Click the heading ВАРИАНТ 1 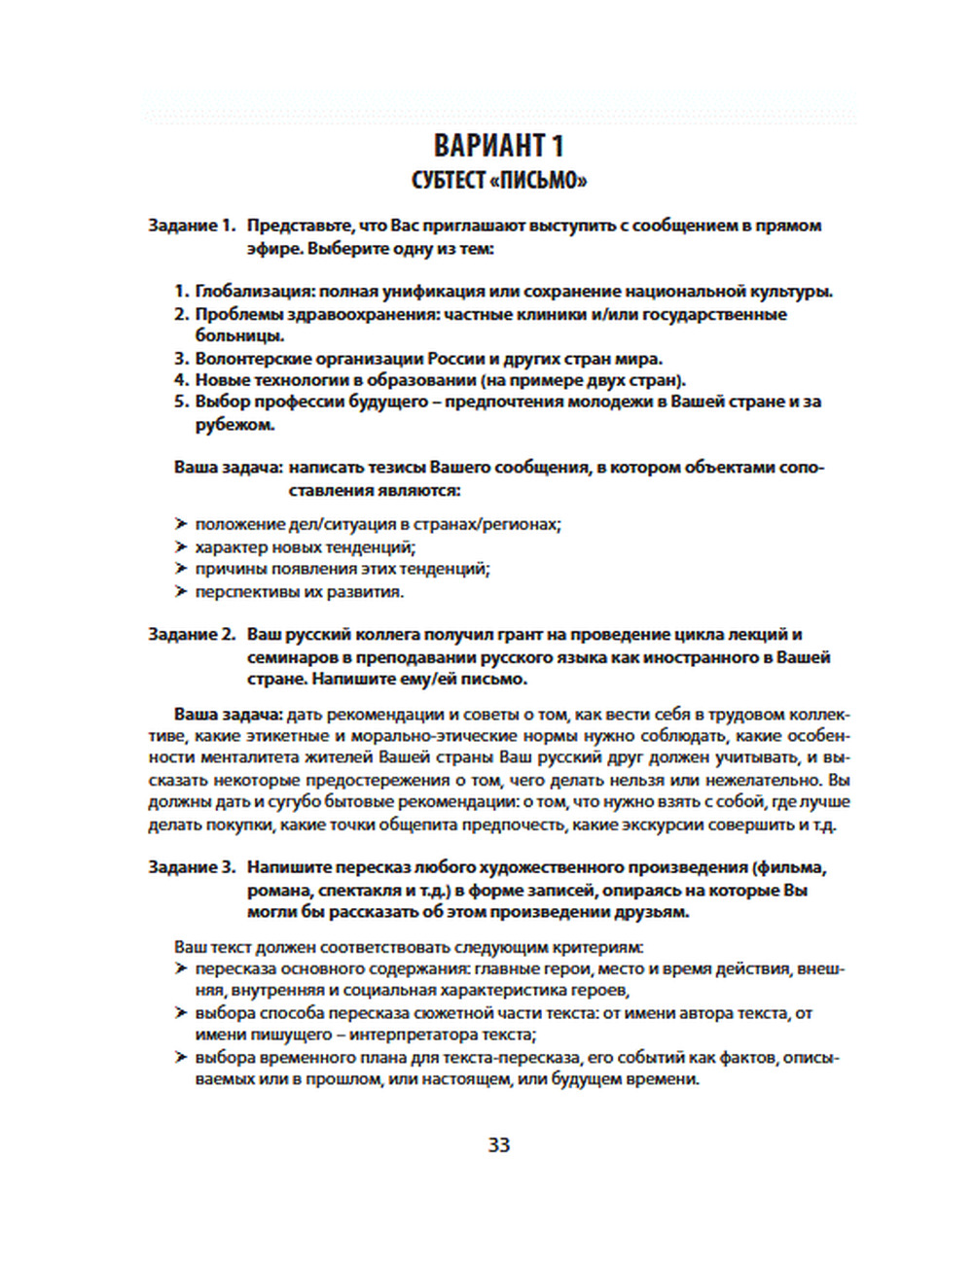[498, 146]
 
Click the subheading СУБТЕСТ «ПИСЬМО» [498, 181]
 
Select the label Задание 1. [192, 226]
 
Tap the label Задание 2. [192, 635]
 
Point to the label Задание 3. [192, 867]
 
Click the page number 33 [499, 1144]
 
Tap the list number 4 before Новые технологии [180, 380]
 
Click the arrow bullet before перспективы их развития [181, 591]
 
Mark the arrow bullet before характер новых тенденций [181, 546]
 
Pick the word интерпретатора [424, 1035]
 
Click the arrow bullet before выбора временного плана [181, 1057]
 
